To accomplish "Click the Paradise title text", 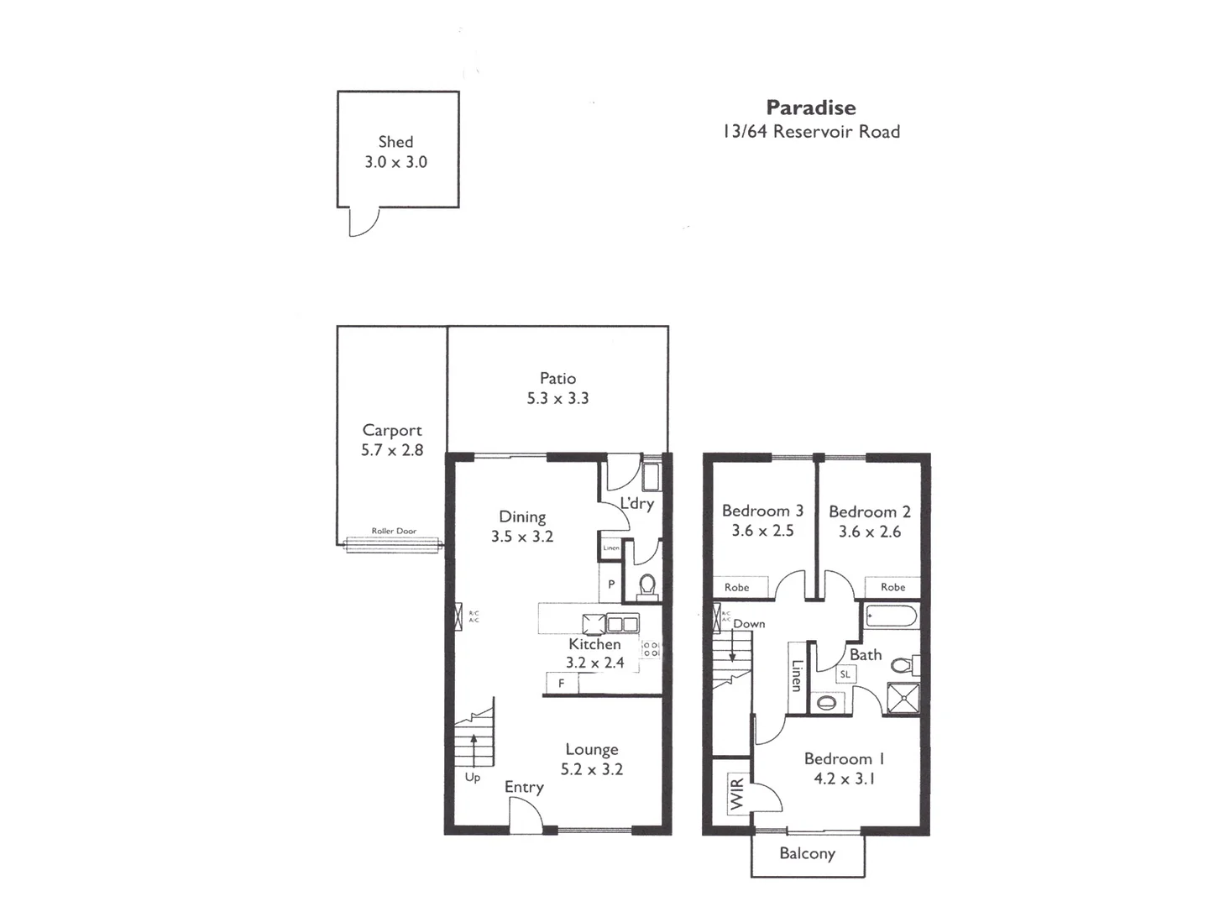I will coord(811,107).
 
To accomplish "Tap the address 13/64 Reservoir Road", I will coord(811,132).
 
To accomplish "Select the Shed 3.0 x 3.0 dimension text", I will coord(395,162).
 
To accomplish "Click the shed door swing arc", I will coord(364,222).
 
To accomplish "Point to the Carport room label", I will coord(392,430).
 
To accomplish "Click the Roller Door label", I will coord(394,531).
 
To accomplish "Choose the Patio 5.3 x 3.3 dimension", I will coord(557,399).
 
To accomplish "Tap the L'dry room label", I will coord(636,504).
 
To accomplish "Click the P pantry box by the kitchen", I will coord(611,585).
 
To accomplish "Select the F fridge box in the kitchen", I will coord(561,684).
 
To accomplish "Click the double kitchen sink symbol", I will coord(622,624).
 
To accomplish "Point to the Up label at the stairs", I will coord(473,778).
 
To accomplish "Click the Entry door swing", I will coord(524,815).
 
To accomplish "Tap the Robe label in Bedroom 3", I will coord(737,587).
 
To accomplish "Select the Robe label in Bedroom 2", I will coord(892,587).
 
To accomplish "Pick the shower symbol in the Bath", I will coord(903,700).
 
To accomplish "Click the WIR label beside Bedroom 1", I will coord(737,794).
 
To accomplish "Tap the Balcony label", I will coord(807,854).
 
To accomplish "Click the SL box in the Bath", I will coord(845,674).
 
